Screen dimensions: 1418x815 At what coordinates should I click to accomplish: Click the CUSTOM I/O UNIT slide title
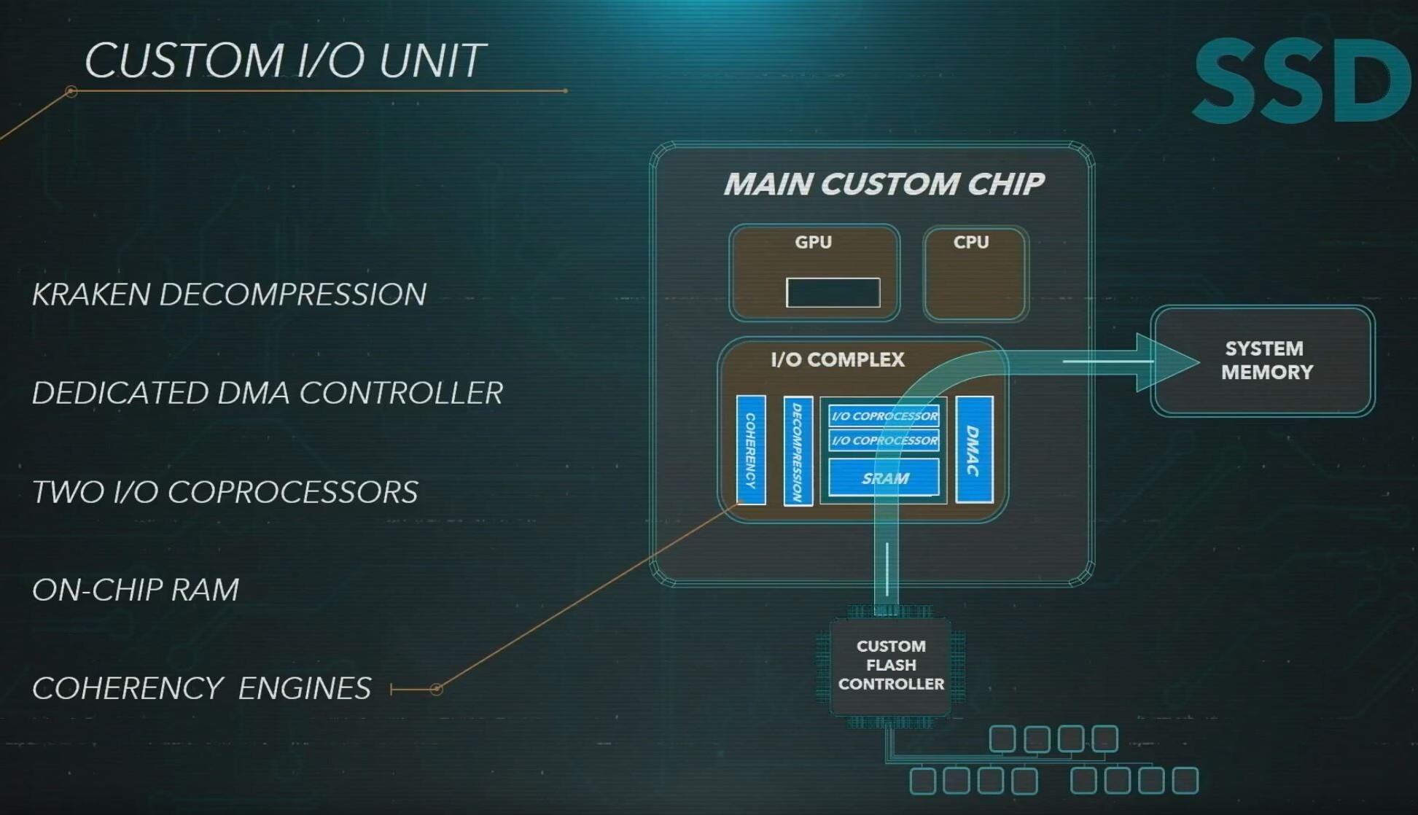284,60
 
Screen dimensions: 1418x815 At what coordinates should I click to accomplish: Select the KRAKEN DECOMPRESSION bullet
229,295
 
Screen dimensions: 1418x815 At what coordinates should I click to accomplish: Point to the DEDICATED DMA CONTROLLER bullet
268,393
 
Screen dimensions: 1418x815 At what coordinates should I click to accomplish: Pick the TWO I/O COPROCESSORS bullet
225,492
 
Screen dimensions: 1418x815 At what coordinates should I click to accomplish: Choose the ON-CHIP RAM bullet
136,590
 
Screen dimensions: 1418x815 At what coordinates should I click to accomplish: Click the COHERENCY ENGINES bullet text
202,688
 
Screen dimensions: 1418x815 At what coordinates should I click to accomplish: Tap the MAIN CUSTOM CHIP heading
884,184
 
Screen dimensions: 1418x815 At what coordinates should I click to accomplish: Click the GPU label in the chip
813,242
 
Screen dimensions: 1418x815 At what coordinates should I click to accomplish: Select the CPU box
975,273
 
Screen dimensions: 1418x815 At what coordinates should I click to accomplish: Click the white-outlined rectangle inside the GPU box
833,292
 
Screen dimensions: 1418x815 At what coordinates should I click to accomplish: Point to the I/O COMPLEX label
837,359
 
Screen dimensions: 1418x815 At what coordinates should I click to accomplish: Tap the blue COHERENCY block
751,450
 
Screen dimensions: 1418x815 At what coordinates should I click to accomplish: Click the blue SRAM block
884,477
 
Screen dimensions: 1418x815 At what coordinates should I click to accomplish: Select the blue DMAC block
974,450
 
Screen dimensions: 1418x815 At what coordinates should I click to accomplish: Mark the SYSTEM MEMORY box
1263,361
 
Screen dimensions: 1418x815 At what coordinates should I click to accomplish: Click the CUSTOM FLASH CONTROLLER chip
890,666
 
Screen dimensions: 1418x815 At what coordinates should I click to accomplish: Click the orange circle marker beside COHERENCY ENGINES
436,689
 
